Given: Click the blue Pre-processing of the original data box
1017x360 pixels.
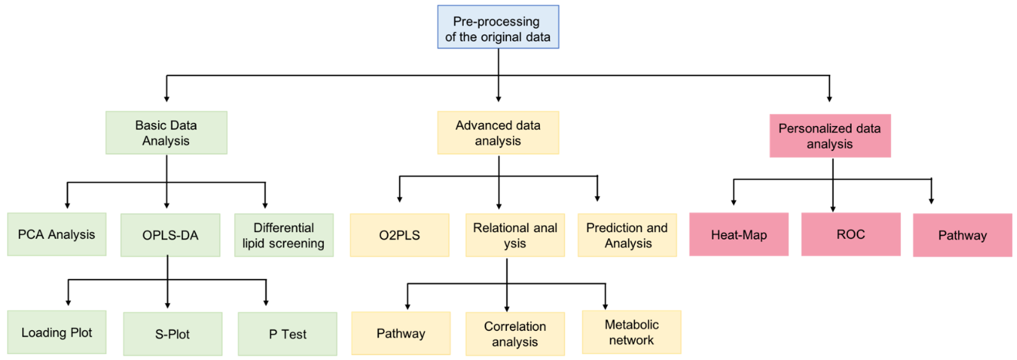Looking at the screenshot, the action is pyautogui.click(x=498, y=27).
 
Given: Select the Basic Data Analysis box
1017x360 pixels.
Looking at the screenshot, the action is pyautogui.click(x=166, y=133).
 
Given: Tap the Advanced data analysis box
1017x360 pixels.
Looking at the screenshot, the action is pyautogui.click(x=498, y=133).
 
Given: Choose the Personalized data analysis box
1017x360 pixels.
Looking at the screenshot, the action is pyautogui.click(x=830, y=136).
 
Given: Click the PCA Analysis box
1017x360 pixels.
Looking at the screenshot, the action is pyautogui.click(x=57, y=235).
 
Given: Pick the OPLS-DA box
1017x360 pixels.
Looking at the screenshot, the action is pyautogui.click(x=170, y=235).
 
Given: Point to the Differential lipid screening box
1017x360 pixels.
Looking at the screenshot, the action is pyautogui.click(x=284, y=235).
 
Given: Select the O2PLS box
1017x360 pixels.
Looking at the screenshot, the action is pyautogui.click(x=400, y=235).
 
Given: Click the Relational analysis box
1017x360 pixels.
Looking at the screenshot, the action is pyautogui.click(x=515, y=235).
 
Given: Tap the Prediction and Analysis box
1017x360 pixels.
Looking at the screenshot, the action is pyautogui.click(x=627, y=235).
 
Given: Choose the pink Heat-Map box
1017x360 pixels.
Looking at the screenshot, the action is pyautogui.click(x=739, y=235).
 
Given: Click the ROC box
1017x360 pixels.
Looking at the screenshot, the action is pyautogui.click(x=851, y=235).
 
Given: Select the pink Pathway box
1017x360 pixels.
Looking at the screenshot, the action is pyautogui.click(x=963, y=235).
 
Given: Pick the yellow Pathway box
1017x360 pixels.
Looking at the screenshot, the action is pyautogui.click(x=401, y=333).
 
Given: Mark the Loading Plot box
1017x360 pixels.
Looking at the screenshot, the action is pyautogui.click(x=57, y=333).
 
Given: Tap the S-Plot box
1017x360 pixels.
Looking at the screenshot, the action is pyautogui.click(x=173, y=334).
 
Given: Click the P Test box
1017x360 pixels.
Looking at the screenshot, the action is pyautogui.click(x=288, y=334).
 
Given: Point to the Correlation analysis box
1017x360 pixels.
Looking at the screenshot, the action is pyautogui.click(x=515, y=334).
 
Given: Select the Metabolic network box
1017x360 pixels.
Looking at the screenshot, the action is pyautogui.click(x=631, y=333).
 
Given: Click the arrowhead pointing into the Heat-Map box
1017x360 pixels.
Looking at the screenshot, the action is pyautogui.click(x=733, y=202).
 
